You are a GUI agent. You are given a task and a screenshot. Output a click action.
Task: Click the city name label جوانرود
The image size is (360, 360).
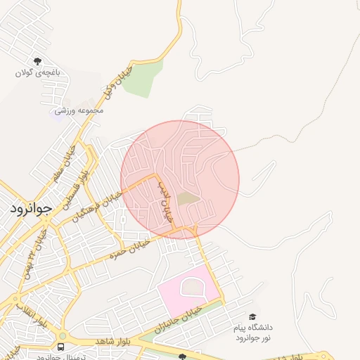(32, 209)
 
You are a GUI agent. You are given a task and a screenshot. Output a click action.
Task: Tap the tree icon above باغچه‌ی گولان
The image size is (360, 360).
(37, 61)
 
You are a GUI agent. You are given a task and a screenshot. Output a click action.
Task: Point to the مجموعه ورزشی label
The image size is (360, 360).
(79, 110)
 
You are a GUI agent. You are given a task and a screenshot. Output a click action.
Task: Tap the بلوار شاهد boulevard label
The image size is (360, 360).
(113, 340)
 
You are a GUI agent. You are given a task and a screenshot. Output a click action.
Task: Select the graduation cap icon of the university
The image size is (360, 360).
(252, 318)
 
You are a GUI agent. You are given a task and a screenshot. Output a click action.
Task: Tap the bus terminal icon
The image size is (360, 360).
(60, 347)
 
